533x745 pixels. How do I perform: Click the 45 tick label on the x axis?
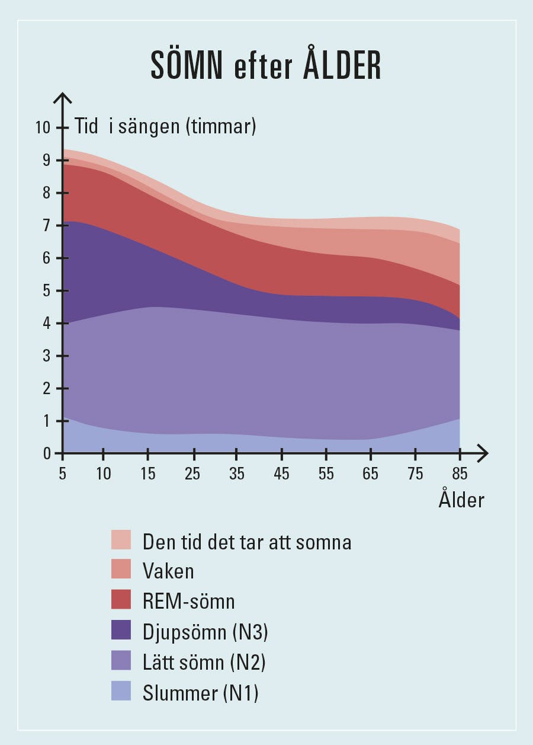click(x=282, y=474)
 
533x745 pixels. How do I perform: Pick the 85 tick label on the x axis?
click(x=460, y=474)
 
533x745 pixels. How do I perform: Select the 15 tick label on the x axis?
click(x=148, y=474)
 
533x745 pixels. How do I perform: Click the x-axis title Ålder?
click(x=461, y=500)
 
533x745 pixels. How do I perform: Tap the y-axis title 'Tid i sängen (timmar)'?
click(x=165, y=126)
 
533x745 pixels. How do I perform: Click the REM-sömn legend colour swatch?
click(x=121, y=600)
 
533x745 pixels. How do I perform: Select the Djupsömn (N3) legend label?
click(x=206, y=632)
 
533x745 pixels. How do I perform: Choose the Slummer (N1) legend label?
click(x=201, y=693)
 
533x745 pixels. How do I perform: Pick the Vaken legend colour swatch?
click(x=121, y=570)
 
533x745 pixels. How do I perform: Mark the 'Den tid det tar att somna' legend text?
click(x=247, y=541)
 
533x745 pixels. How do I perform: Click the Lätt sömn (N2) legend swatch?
click(x=121, y=661)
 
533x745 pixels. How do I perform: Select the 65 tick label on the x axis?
click(x=371, y=474)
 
